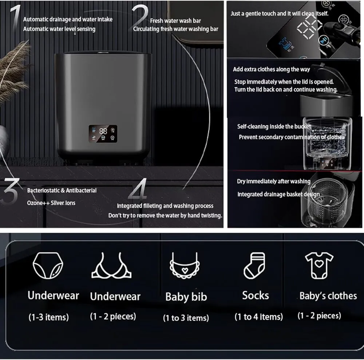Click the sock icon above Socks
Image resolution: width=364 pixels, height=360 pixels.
pyautogui.click(x=254, y=265)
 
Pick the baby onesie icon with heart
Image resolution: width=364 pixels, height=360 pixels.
pyautogui.click(x=319, y=266)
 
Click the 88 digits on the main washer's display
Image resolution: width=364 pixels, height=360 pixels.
pyautogui.click(x=103, y=131)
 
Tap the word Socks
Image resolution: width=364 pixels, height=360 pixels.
pyautogui.click(x=256, y=296)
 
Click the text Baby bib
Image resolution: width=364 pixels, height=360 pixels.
pyautogui.click(x=186, y=297)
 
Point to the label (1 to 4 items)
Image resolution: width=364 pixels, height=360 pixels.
pyautogui.click(x=258, y=317)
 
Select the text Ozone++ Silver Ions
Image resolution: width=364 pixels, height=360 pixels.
pyautogui.click(x=51, y=203)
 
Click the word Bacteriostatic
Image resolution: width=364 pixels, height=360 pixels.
pyautogui.click(x=43, y=190)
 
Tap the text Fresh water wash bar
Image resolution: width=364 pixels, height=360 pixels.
pyautogui.click(x=175, y=21)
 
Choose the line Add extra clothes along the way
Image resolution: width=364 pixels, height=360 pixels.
pyautogui.click(x=272, y=69)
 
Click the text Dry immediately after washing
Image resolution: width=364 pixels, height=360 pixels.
pyautogui.click(x=274, y=181)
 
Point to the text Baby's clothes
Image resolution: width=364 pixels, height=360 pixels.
pyautogui.click(x=328, y=296)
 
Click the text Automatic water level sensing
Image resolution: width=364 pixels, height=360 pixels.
pyautogui.click(x=59, y=29)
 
